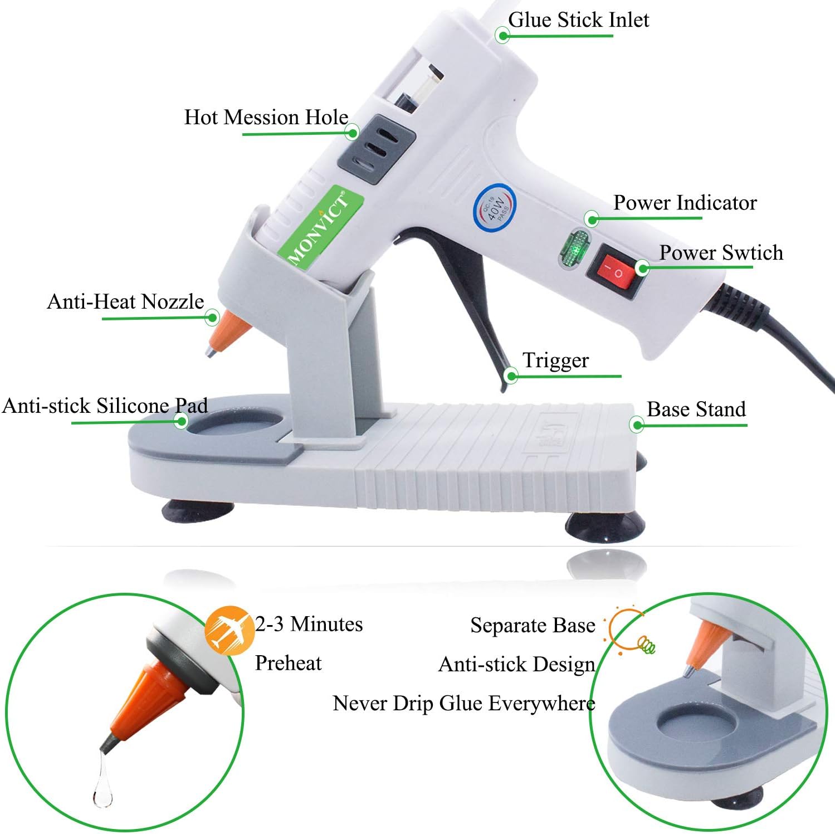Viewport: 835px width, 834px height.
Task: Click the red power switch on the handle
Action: click(617, 272)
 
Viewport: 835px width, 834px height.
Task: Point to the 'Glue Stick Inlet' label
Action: click(578, 20)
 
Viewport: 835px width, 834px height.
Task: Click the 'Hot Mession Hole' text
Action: click(266, 117)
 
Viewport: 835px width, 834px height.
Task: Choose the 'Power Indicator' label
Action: click(685, 203)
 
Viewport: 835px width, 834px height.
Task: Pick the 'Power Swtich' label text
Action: click(721, 253)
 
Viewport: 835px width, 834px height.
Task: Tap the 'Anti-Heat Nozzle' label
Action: click(125, 301)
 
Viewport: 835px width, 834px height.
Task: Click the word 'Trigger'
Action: click(555, 360)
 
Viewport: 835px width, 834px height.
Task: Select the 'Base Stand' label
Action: click(696, 409)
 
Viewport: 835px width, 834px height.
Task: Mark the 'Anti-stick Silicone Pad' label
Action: click(105, 406)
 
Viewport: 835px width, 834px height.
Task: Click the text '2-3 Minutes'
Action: click(309, 624)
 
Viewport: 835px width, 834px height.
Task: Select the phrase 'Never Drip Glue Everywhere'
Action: click(463, 703)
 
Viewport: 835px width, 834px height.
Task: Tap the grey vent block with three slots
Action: click(377, 149)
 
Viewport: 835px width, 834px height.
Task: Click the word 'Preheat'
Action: click(288, 663)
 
